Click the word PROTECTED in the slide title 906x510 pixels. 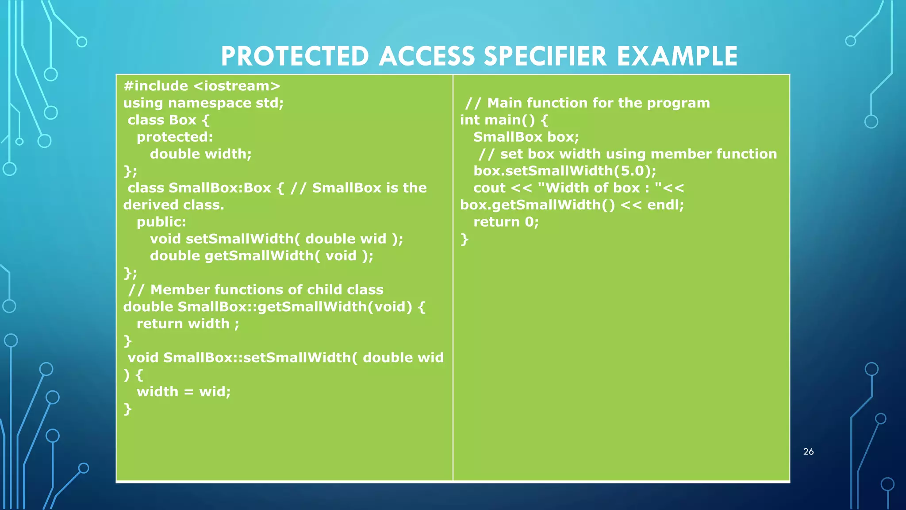pos(295,57)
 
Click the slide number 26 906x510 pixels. pos(808,452)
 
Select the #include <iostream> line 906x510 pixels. pos(202,86)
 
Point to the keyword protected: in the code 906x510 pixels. pos(175,137)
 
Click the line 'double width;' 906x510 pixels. pos(200,154)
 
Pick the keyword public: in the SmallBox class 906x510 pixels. pos(161,222)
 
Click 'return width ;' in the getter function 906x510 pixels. pos(188,324)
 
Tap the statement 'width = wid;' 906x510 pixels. pos(184,392)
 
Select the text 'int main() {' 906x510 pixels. pos(504,120)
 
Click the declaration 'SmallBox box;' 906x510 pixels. pos(526,137)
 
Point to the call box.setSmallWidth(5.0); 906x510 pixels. pos(564,171)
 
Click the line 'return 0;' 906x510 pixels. pos(506,222)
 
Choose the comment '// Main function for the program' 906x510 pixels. pos(587,103)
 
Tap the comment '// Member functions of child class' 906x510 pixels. pos(256,290)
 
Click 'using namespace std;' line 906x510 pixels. pos(203,103)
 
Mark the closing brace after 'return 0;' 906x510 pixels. pos(464,240)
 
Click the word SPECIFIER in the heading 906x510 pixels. pos(545,57)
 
